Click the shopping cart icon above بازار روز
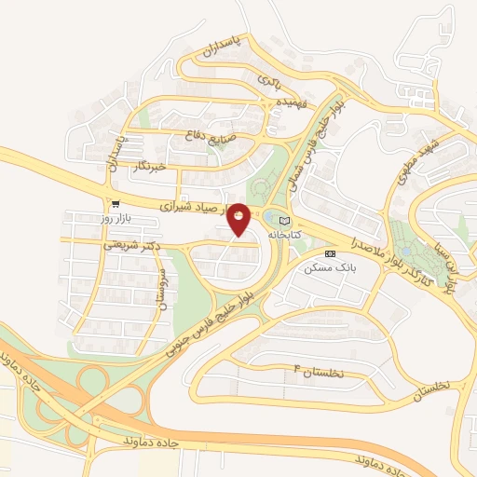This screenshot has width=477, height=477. click(x=116, y=203)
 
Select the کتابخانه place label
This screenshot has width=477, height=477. click(x=287, y=235)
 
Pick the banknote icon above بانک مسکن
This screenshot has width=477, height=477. click(x=329, y=253)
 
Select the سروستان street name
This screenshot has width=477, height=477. click(x=160, y=289)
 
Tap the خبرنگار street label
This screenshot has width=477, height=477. click(x=149, y=166)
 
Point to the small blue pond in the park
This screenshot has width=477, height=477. click(x=269, y=218)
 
